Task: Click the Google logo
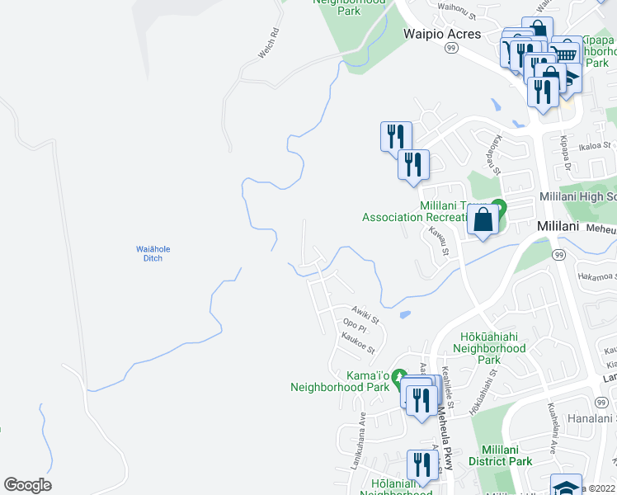point(27,485)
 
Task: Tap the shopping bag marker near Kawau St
point(483,220)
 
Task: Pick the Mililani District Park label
point(501,455)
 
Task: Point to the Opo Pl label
point(353,325)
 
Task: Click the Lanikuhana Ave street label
point(361,431)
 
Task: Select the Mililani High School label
point(577,197)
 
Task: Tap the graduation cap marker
point(566,486)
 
